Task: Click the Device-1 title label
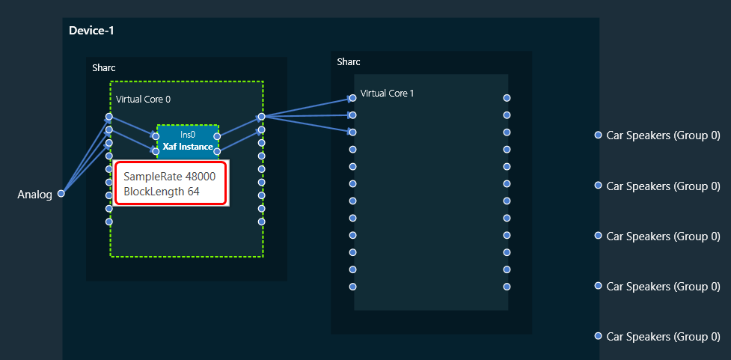[x=91, y=31]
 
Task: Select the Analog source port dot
[x=61, y=194]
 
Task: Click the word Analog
[x=34, y=195]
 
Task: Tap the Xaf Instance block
[x=187, y=141]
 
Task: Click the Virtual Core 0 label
[x=143, y=99]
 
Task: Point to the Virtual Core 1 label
[x=388, y=94]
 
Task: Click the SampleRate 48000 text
[x=170, y=177]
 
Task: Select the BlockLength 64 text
[x=162, y=192]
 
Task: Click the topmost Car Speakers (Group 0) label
[x=663, y=135]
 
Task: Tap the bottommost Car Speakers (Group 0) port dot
[x=598, y=336]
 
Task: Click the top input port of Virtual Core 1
[x=353, y=98]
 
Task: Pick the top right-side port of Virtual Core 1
[x=507, y=98]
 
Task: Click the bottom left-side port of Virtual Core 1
[x=353, y=287]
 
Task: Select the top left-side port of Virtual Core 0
[x=109, y=117]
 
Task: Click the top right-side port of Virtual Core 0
[x=262, y=117]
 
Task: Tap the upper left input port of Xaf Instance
[x=156, y=137]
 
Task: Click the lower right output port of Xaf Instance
[x=217, y=151]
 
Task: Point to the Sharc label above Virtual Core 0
[x=104, y=68]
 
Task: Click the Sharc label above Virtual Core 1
[x=349, y=62]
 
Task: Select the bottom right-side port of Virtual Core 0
[x=262, y=222]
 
